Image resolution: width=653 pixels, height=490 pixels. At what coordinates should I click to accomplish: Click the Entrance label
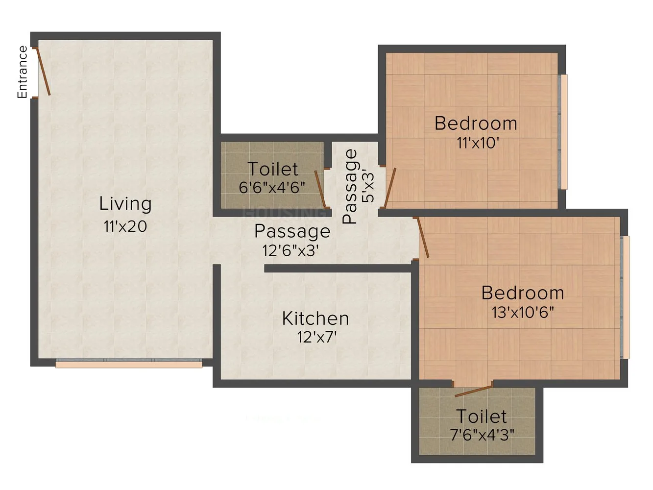click(22, 72)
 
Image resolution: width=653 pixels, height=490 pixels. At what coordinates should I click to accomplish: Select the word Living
click(125, 204)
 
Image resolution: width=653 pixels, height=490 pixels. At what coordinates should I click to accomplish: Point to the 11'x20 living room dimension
click(125, 226)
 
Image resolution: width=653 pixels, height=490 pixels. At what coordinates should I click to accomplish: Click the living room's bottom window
click(129, 364)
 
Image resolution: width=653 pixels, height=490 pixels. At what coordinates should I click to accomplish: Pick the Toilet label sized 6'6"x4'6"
click(273, 169)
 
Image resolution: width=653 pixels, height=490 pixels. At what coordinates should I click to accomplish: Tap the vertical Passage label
click(350, 187)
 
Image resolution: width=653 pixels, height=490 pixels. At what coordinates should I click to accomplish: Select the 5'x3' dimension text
click(367, 187)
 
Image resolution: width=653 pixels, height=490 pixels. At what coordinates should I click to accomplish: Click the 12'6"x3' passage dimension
click(290, 250)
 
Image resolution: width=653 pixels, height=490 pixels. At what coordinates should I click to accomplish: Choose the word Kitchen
click(315, 318)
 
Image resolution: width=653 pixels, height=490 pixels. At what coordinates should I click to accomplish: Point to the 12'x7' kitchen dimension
click(316, 337)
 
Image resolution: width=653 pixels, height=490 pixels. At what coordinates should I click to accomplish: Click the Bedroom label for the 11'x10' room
click(476, 123)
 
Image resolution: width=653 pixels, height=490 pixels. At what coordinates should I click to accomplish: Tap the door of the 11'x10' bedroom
click(390, 187)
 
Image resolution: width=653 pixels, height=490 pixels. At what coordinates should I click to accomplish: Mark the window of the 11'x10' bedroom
click(563, 132)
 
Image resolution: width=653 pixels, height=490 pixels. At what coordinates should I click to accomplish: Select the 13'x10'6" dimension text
click(523, 312)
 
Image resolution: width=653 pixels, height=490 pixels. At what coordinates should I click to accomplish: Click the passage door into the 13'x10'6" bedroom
click(422, 237)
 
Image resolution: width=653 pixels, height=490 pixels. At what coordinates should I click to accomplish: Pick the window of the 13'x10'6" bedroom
click(625, 297)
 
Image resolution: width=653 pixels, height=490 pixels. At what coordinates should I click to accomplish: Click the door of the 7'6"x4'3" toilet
click(473, 391)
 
